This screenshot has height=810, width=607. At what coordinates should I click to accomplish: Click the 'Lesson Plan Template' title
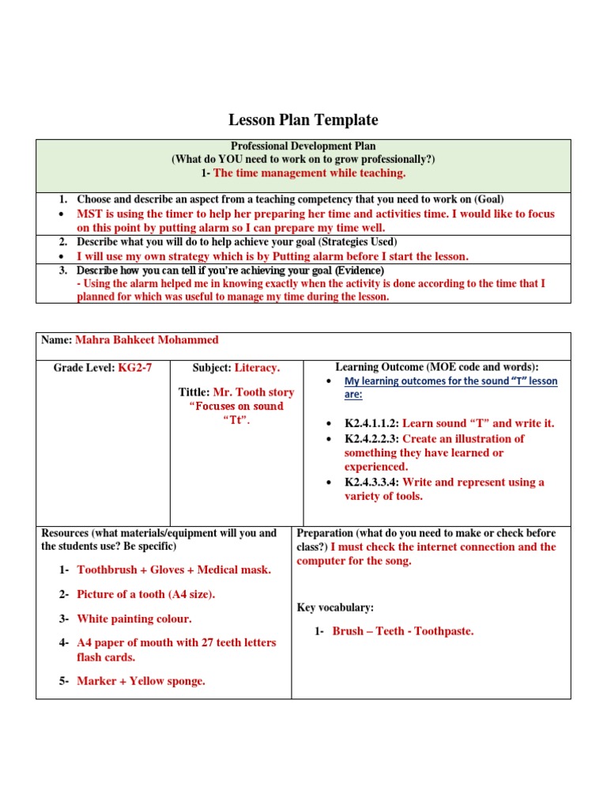tap(303, 120)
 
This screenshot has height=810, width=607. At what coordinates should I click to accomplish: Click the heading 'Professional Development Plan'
tap(303, 146)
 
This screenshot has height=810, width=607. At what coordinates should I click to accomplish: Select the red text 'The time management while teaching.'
tap(310, 172)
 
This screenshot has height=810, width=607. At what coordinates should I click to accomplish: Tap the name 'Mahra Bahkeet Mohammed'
tap(146, 340)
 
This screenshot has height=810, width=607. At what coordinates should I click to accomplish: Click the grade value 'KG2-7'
tap(134, 368)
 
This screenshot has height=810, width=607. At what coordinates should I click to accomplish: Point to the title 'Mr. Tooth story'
tap(254, 392)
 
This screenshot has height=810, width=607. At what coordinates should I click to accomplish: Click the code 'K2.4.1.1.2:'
tap(372, 424)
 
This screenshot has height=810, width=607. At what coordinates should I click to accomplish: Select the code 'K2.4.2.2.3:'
tap(372, 439)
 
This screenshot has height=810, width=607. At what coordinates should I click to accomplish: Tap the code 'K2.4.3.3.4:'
tap(372, 483)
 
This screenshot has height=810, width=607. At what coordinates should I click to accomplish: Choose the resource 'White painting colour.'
tap(134, 619)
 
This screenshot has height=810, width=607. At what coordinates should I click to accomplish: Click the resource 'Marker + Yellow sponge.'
tap(141, 681)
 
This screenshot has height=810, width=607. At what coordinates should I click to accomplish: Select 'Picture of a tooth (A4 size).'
tap(145, 594)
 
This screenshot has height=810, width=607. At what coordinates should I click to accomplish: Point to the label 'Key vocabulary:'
tap(335, 607)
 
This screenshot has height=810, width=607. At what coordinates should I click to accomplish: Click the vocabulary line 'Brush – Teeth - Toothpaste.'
tap(403, 631)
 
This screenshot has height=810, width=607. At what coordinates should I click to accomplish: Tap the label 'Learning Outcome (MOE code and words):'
tap(437, 367)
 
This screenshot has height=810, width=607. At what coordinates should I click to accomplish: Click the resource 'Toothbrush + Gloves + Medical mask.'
tap(173, 570)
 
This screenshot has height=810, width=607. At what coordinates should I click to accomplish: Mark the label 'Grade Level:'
tap(85, 368)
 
